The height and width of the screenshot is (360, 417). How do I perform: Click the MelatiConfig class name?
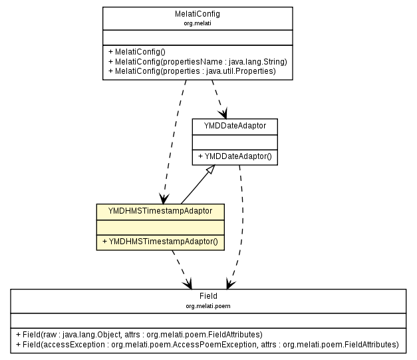point(198,14)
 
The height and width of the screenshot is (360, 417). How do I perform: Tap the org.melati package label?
point(198,23)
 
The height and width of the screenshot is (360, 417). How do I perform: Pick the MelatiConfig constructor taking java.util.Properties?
point(192,71)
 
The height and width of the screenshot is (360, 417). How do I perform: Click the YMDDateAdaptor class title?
point(235,126)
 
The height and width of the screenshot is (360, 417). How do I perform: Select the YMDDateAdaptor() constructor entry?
point(235,157)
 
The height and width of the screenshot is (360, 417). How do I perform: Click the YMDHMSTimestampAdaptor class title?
point(160,210)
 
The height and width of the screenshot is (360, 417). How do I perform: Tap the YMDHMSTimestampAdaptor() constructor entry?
point(160,240)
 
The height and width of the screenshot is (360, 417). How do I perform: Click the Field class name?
point(208,296)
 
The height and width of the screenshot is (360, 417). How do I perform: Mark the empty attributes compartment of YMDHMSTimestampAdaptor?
point(160,226)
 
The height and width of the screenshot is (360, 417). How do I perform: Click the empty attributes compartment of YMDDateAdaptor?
point(235,142)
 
